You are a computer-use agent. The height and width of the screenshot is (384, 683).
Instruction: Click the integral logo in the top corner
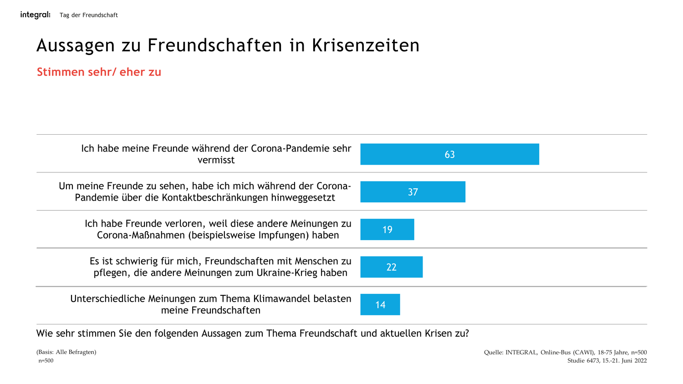[x=35, y=15]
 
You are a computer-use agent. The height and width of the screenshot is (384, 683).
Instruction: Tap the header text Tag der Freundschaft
[x=88, y=15]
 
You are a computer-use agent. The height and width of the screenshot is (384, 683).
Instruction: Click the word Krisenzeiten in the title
[x=366, y=45]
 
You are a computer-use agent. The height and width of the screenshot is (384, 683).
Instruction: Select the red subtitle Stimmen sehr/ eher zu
[x=99, y=72]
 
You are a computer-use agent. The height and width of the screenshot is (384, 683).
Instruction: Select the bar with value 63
[x=449, y=154]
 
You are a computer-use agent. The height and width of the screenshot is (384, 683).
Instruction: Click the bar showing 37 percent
[x=413, y=192]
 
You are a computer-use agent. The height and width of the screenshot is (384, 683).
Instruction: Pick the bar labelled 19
[x=387, y=229]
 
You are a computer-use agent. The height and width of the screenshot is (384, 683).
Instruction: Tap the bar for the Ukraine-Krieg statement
[x=391, y=267]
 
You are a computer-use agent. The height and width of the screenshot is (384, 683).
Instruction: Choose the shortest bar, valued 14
[x=380, y=304]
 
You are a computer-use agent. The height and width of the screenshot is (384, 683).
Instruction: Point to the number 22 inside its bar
[x=391, y=267]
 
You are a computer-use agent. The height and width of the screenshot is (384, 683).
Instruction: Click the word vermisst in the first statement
[x=216, y=160]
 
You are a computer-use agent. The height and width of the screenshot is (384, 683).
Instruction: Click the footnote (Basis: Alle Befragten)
[x=66, y=352]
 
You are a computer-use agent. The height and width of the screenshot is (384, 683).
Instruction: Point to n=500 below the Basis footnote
[x=46, y=361]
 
